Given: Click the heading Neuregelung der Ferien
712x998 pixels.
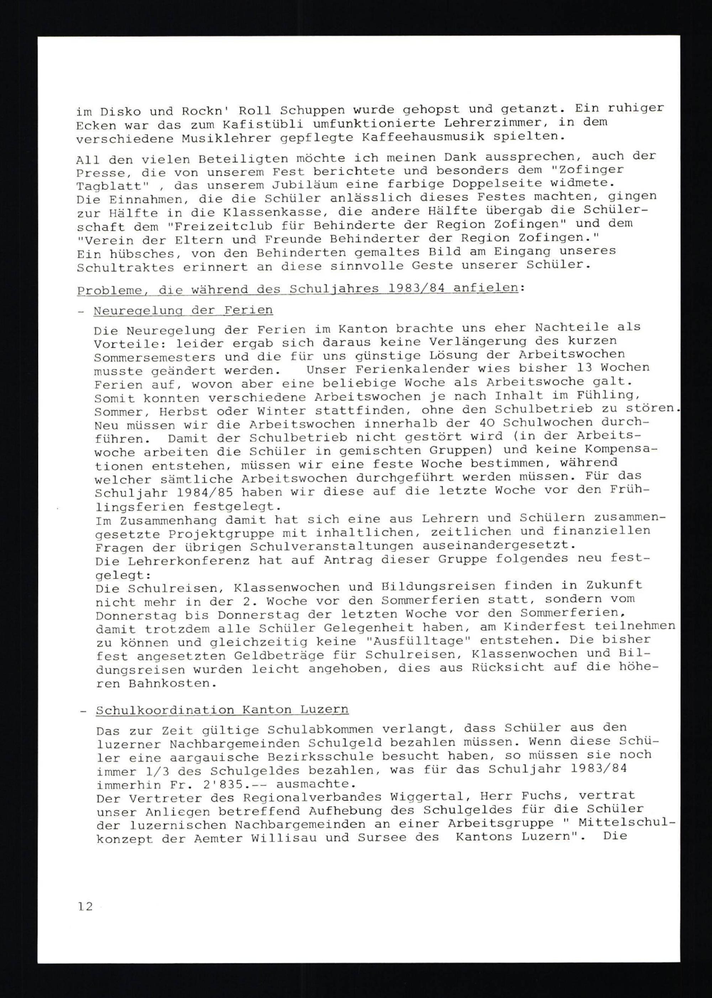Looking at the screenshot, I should coord(183,310).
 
